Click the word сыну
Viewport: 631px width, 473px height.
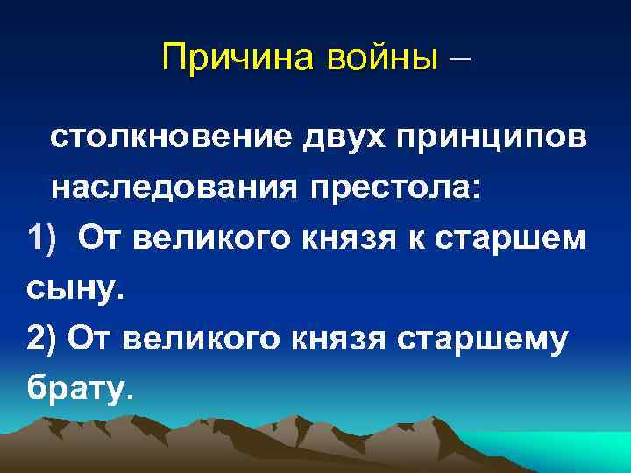click(77, 288)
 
